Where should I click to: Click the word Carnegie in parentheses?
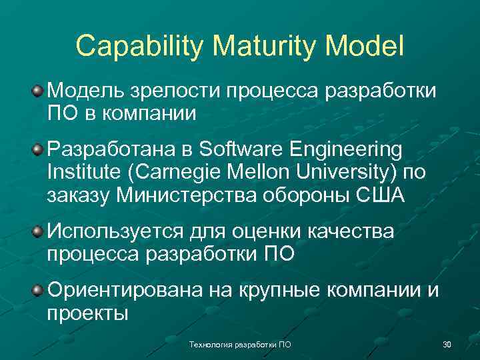[175, 173]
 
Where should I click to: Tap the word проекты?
[87, 314]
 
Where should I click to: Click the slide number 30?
[447, 345]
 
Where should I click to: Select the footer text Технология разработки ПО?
[240, 345]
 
